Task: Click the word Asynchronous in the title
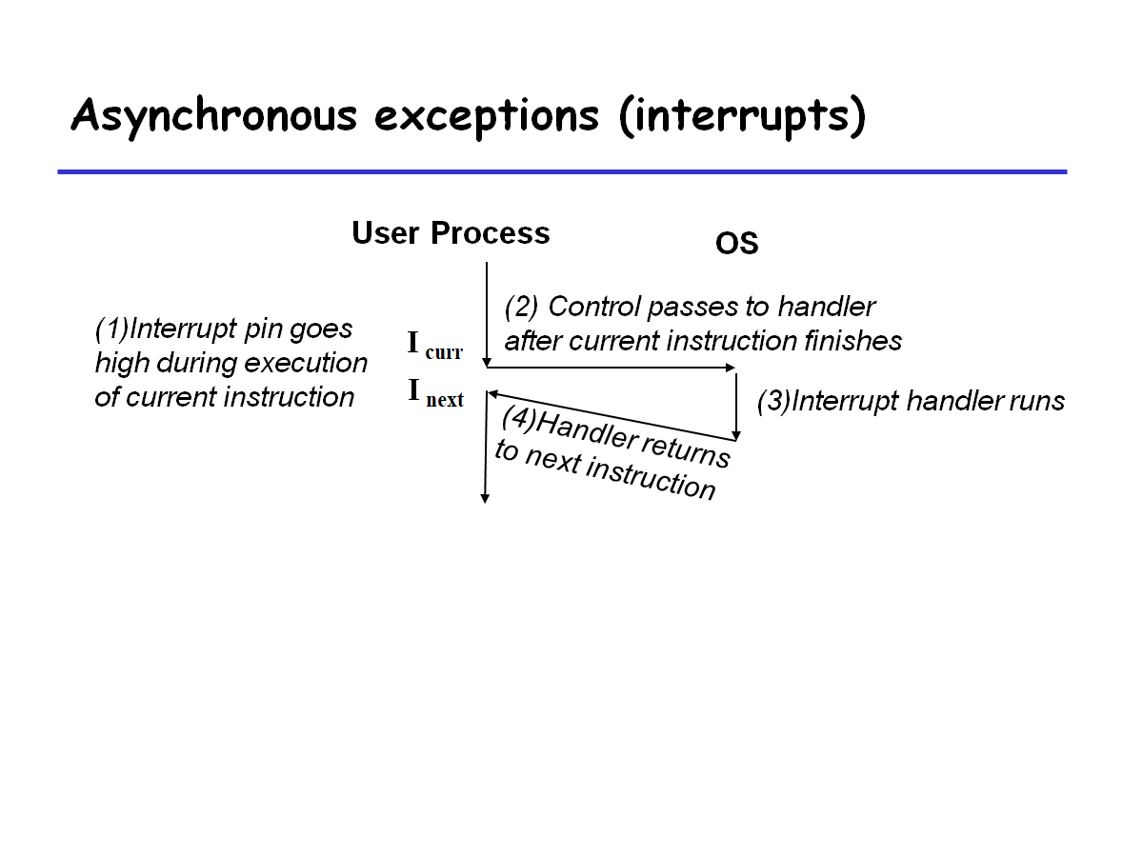coord(213,116)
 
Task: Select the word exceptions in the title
coord(487,116)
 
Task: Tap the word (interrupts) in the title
coord(743,116)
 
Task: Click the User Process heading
coord(451,233)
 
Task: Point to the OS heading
coord(736,244)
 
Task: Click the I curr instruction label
coord(434,345)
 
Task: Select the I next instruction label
coord(435,392)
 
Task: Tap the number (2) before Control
coord(521,307)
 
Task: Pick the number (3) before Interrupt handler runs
coord(773,401)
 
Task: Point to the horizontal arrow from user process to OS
coord(610,368)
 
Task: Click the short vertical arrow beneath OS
coord(736,405)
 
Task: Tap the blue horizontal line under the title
coord(562,171)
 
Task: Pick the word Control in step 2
coord(594,307)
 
